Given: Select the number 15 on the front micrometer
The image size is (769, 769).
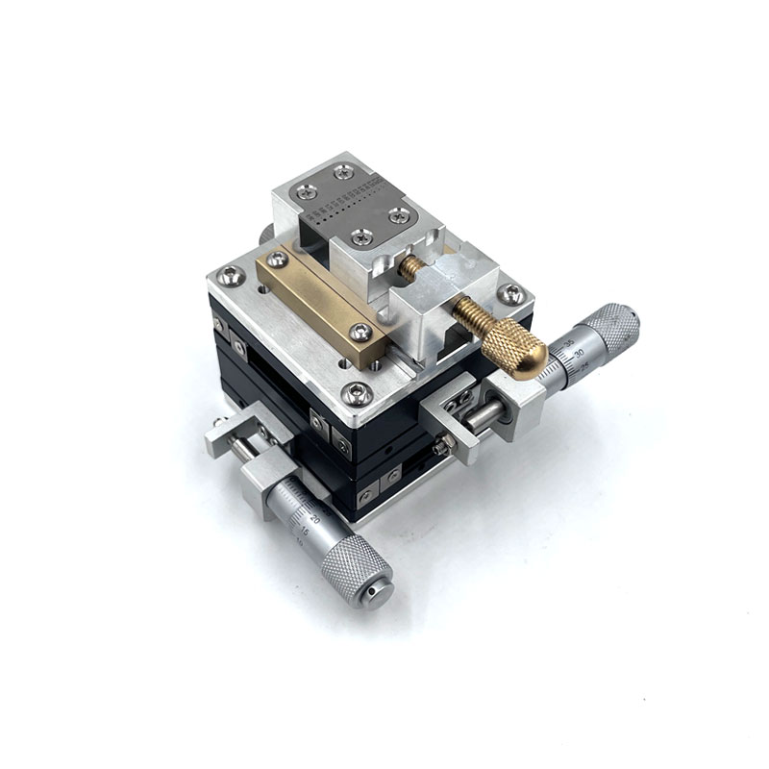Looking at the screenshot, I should tap(306, 530).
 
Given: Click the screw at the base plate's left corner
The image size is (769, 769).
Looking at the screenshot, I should tap(227, 277).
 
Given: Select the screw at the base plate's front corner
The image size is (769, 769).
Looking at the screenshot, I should tap(357, 392).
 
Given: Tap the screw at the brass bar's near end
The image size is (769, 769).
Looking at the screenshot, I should tap(361, 333).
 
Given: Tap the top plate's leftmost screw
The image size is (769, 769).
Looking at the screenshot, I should tap(306, 192).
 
